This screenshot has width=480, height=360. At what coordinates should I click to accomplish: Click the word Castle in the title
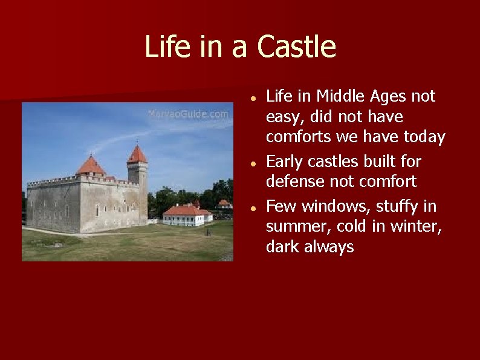point(296,47)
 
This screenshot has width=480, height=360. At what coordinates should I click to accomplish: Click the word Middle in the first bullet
point(338,96)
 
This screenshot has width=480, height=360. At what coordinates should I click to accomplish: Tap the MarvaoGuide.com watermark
point(189,114)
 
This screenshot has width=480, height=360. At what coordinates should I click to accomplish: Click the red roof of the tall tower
point(137,155)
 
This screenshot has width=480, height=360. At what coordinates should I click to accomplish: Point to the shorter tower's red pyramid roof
point(91,165)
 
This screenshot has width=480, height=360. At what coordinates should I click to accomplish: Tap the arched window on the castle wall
point(97,210)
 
